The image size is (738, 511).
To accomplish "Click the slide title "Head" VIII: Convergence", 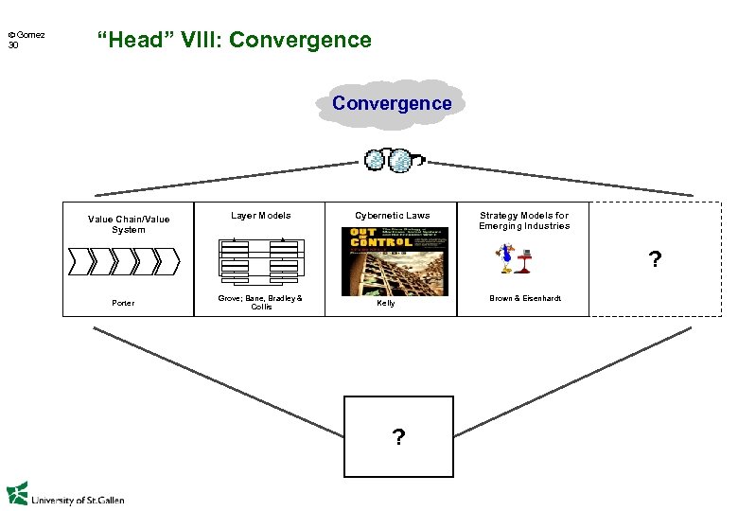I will (x=234, y=40).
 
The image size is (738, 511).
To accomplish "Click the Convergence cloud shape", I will (x=392, y=103).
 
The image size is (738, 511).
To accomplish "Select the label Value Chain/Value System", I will (x=129, y=224).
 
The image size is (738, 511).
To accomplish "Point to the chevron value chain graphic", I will (x=122, y=259).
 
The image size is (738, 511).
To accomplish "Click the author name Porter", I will (x=123, y=304).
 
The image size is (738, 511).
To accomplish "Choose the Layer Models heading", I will (x=261, y=216).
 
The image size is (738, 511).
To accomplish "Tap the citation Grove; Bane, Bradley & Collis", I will (x=260, y=302).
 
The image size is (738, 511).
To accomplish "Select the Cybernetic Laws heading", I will (x=392, y=216).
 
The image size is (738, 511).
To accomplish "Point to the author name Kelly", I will (x=386, y=304).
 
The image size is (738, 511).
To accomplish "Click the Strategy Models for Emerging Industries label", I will (x=524, y=220).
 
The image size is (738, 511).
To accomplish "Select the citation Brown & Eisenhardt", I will (x=525, y=298).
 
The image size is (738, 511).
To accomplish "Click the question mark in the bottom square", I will (x=398, y=436).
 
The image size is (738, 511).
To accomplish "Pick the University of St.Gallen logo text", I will (x=76, y=498).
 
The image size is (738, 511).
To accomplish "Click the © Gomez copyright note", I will (x=27, y=35).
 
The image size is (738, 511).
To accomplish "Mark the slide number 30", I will (x=13, y=45).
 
